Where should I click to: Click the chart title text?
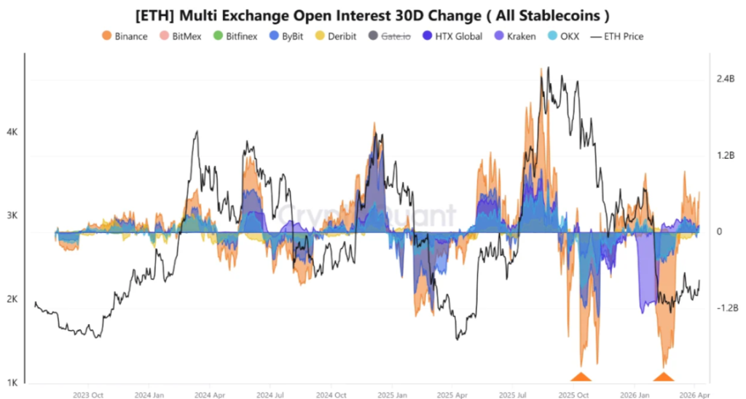pyautogui.click(x=373, y=15)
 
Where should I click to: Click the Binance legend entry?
pyautogui.click(x=125, y=36)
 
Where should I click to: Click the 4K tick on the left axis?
pyautogui.click(x=12, y=133)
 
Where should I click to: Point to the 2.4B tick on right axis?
pyautogui.click(x=726, y=79)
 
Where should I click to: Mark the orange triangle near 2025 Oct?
pyautogui.click(x=581, y=376)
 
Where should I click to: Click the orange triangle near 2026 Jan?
pyautogui.click(x=663, y=376)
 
